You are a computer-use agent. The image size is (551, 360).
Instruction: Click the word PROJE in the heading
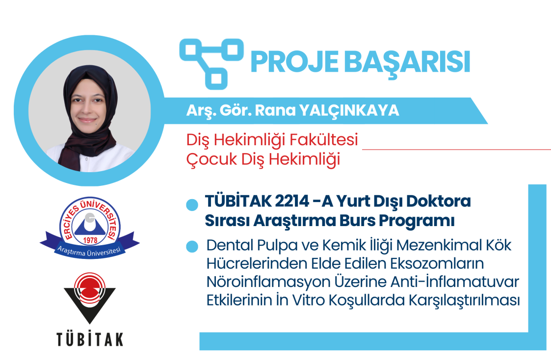click(294, 62)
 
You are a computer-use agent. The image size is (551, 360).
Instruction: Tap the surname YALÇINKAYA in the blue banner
click(349, 111)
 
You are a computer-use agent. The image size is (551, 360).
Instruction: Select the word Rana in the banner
click(275, 110)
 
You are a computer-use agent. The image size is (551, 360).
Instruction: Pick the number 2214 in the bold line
click(291, 202)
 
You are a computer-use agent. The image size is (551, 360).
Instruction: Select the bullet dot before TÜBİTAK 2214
click(192, 205)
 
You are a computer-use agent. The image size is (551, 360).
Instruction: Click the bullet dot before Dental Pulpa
click(192, 246)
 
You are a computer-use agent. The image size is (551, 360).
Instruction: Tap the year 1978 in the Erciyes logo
click(90, 240)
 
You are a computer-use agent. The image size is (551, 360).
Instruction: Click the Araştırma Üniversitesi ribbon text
click(89, 252)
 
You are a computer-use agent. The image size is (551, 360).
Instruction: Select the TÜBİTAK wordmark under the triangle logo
click(90, 339)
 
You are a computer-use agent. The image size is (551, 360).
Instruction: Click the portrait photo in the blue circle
click(90, 111)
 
